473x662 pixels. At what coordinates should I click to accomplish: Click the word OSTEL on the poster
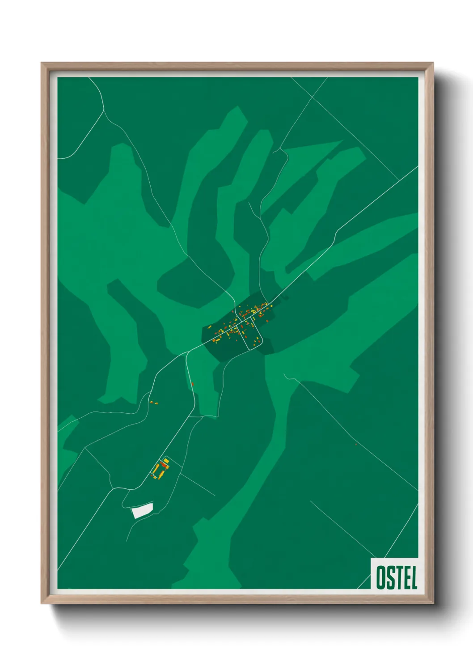pos(397,577)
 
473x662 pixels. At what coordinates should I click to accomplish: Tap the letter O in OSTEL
pos(380,577)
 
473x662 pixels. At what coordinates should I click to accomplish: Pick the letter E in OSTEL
pos(405,577)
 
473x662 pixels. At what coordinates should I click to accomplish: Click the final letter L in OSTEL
pos(413,577)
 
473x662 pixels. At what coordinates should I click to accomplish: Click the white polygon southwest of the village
pos(143,510)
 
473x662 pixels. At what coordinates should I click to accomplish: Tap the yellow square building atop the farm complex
pos(166,460)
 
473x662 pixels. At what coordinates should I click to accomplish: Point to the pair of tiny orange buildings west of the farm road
pos(154,403)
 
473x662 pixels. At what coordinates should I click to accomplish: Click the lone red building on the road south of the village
pos(192,384)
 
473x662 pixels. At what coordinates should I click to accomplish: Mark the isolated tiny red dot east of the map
pos(356,444)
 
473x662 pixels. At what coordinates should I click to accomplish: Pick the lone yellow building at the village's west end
pos(209,327)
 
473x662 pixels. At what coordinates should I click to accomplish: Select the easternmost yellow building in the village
pos(271,306)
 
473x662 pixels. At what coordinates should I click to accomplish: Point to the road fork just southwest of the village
pos(187,353)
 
